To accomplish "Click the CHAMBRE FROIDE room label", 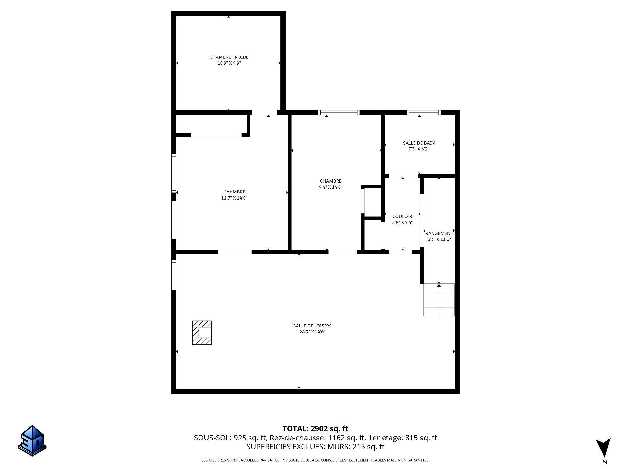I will pos(229,57).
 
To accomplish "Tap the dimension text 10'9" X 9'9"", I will pos(229,63).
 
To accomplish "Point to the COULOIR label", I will pos(402,216).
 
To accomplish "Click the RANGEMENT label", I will pos(439,233).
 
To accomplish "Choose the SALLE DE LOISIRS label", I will pos(312,326).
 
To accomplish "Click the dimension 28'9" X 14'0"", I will pos(312,332).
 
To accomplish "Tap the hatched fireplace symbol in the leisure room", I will pos(202,332).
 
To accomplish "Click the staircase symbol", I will pos(439,300).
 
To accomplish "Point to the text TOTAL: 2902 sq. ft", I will pos(315,429).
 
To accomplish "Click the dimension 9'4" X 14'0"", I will pos(331,187).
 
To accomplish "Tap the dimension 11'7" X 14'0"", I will pos(234,198).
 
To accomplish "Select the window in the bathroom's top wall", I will pos(423,113).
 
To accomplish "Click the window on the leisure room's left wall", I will pos(174,275).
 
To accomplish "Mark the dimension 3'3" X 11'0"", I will pos(439,239).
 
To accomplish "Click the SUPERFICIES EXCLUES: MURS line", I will pos(315,447).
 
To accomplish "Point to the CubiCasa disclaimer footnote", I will pos(315,460).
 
